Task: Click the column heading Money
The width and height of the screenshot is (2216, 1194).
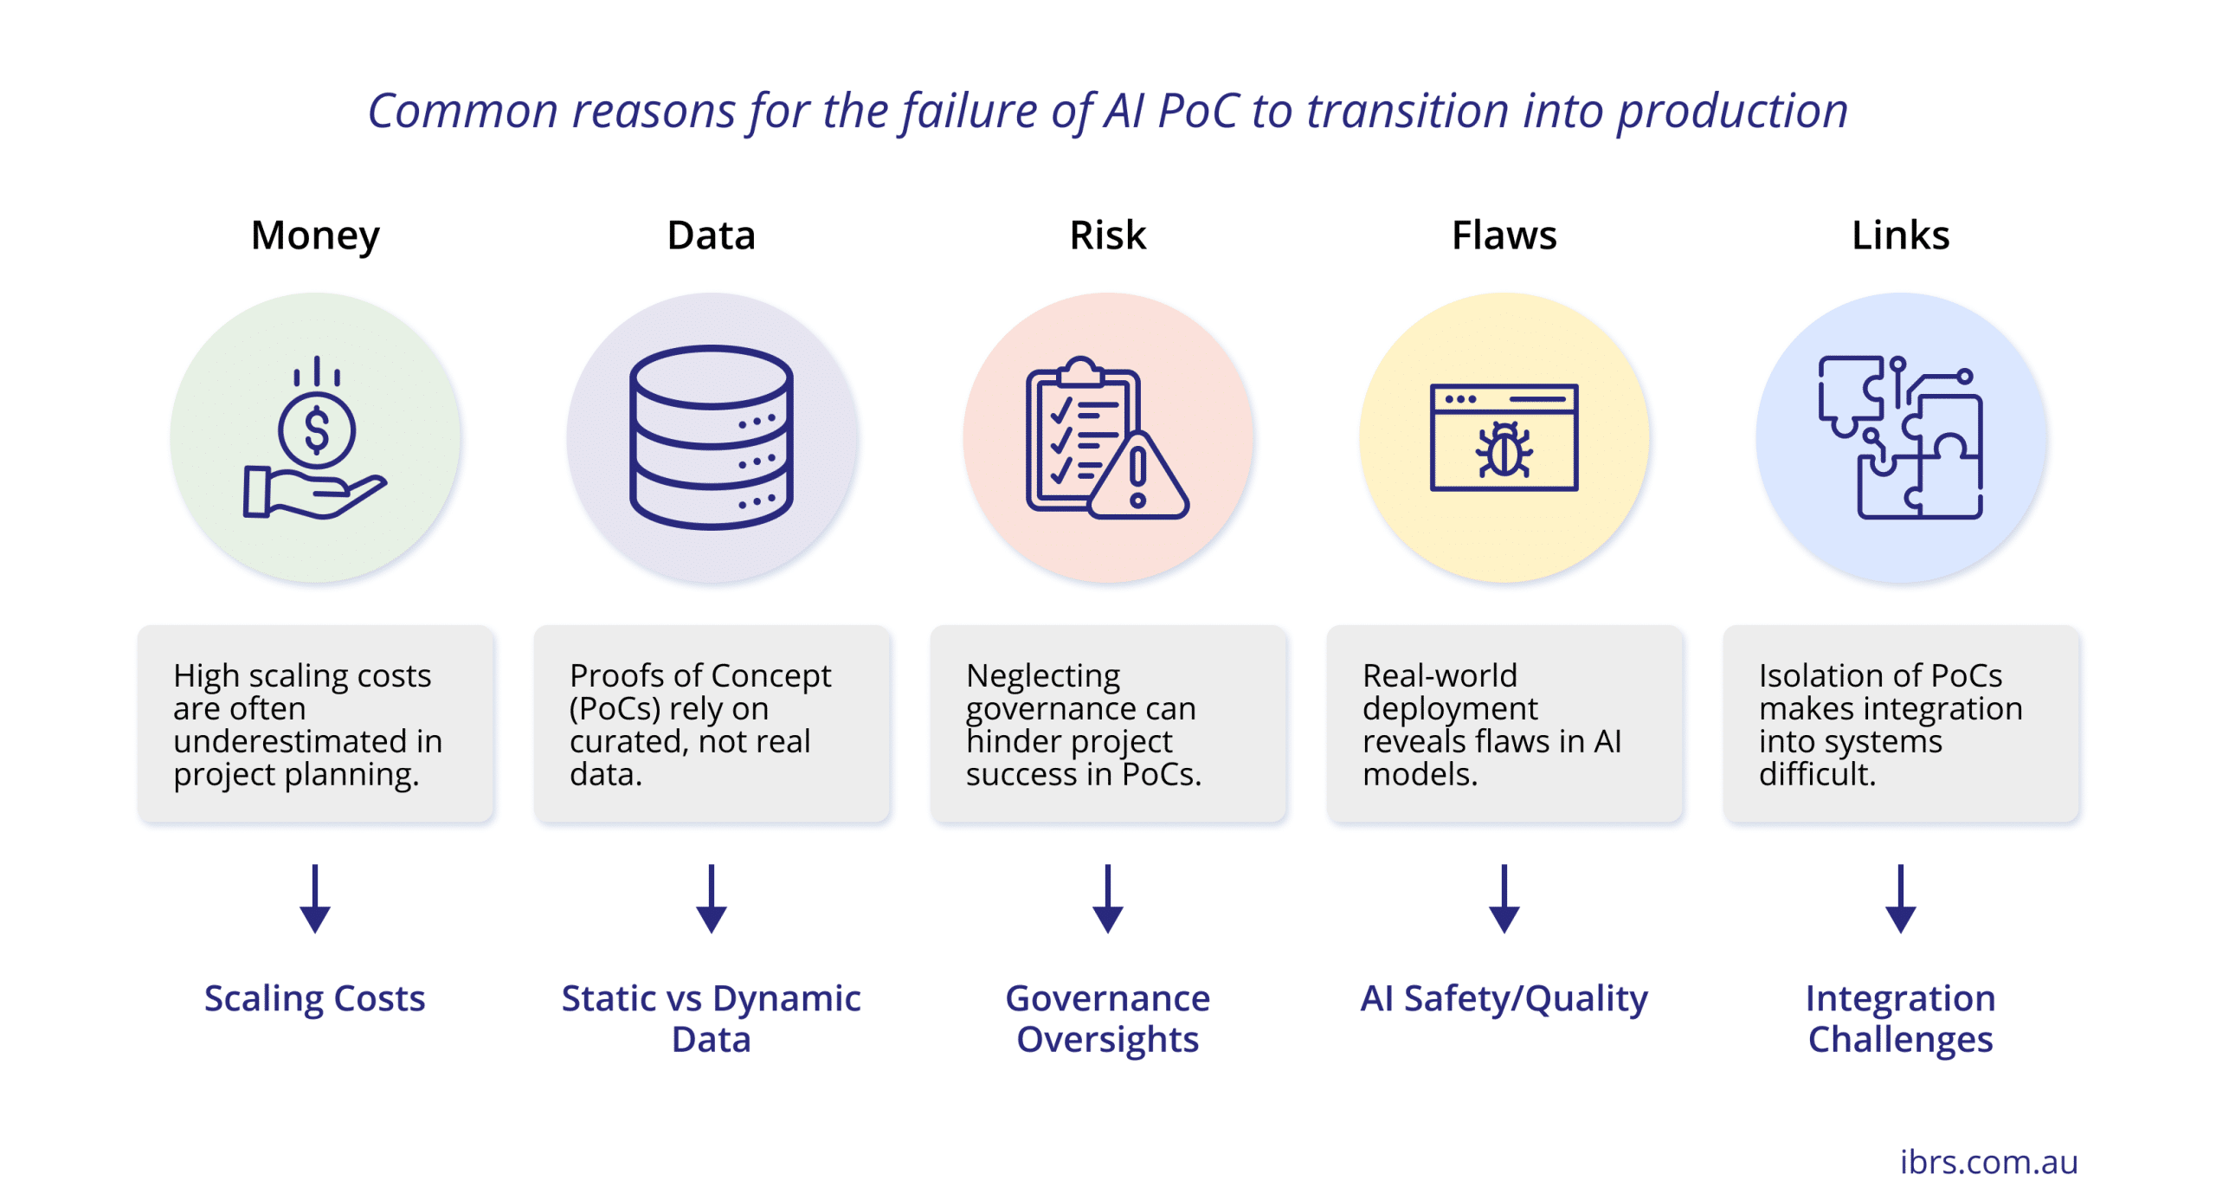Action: pos(315,236)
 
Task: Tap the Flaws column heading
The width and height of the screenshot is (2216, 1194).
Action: pos(1504,236)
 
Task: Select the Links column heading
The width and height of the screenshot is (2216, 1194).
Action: pos(1900,236)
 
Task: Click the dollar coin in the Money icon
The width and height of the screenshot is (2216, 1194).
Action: pos(317,430)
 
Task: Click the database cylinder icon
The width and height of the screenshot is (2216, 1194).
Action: pos(711,437)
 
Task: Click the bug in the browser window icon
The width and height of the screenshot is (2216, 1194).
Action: pos(1504,450)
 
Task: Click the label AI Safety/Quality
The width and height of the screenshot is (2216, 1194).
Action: pos(1504,998)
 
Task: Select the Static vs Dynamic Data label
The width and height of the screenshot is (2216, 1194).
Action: pos(711,1018)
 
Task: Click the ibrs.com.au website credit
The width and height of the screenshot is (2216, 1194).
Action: pos(1988,1161)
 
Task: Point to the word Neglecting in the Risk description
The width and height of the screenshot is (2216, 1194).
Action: pos(1043,675)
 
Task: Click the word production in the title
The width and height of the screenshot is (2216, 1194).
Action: pos(1732,111)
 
